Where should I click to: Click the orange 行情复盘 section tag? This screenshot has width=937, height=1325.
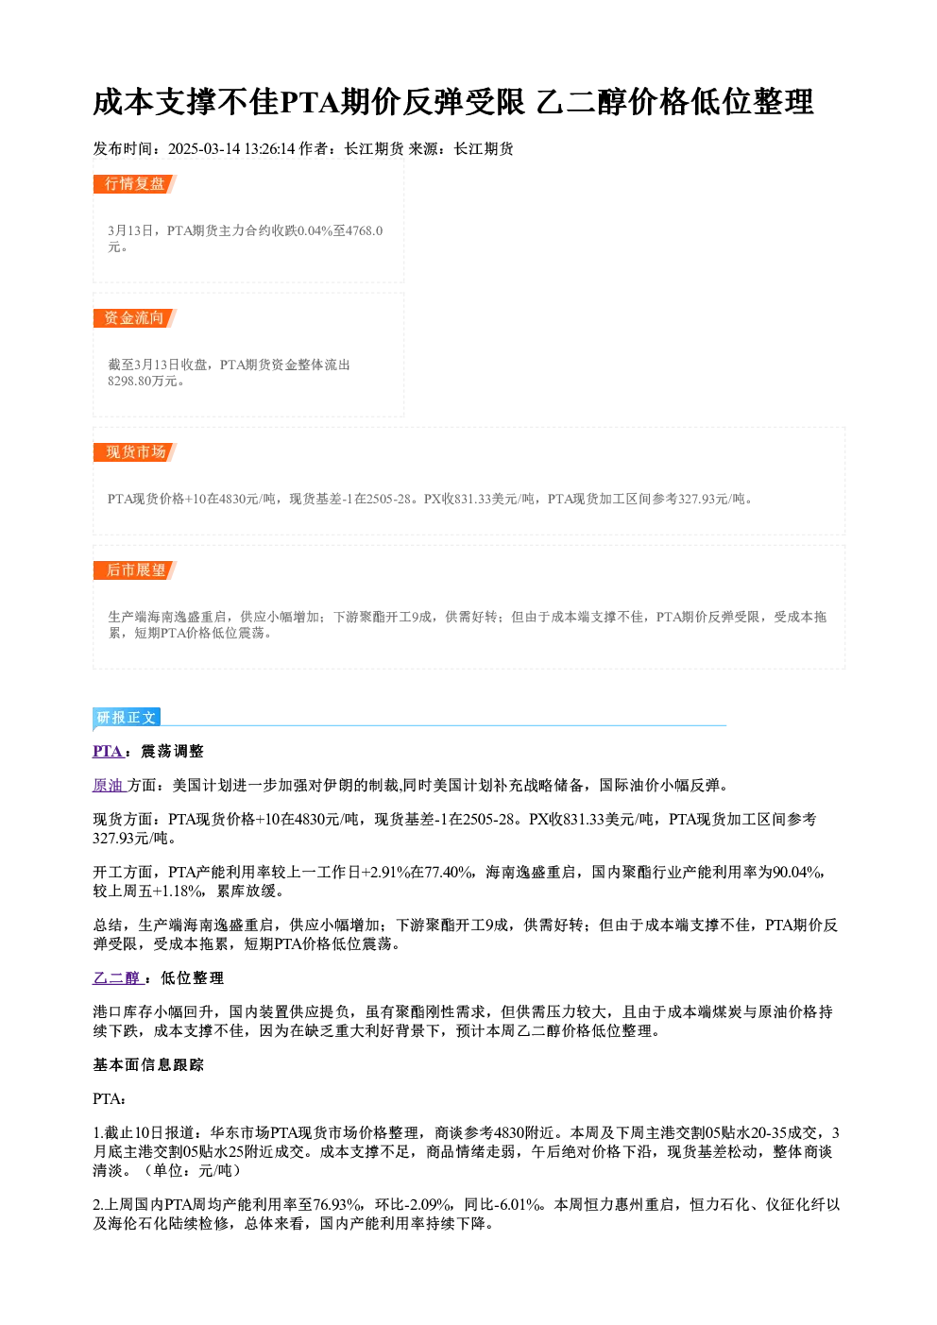(x=135, y=184)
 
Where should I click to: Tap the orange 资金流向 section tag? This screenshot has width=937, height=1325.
(x=135, y=318)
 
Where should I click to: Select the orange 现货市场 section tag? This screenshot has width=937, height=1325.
(x=135, y=452)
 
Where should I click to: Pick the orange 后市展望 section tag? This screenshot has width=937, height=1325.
(x=135, y=570)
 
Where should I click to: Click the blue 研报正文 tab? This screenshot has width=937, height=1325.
(x=127, y=718)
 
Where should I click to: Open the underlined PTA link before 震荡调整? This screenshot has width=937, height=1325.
(x=108, y=751)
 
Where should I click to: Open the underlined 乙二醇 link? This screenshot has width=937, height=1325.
(x=116, y=977)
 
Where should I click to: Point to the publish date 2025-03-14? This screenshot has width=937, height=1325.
(x=204, y=148)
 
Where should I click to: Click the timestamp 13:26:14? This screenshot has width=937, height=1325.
(x=269, y=148)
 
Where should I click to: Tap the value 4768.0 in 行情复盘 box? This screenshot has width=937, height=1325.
(x=364, y=230)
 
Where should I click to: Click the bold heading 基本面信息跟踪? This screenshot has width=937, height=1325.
(x=148, y=1064)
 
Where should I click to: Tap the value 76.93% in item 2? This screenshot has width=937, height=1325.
(x=338, y=1204)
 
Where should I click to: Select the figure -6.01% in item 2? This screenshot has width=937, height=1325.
(x=519, y=1204)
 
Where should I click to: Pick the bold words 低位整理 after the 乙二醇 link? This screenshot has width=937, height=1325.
(x=193, y=977)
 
